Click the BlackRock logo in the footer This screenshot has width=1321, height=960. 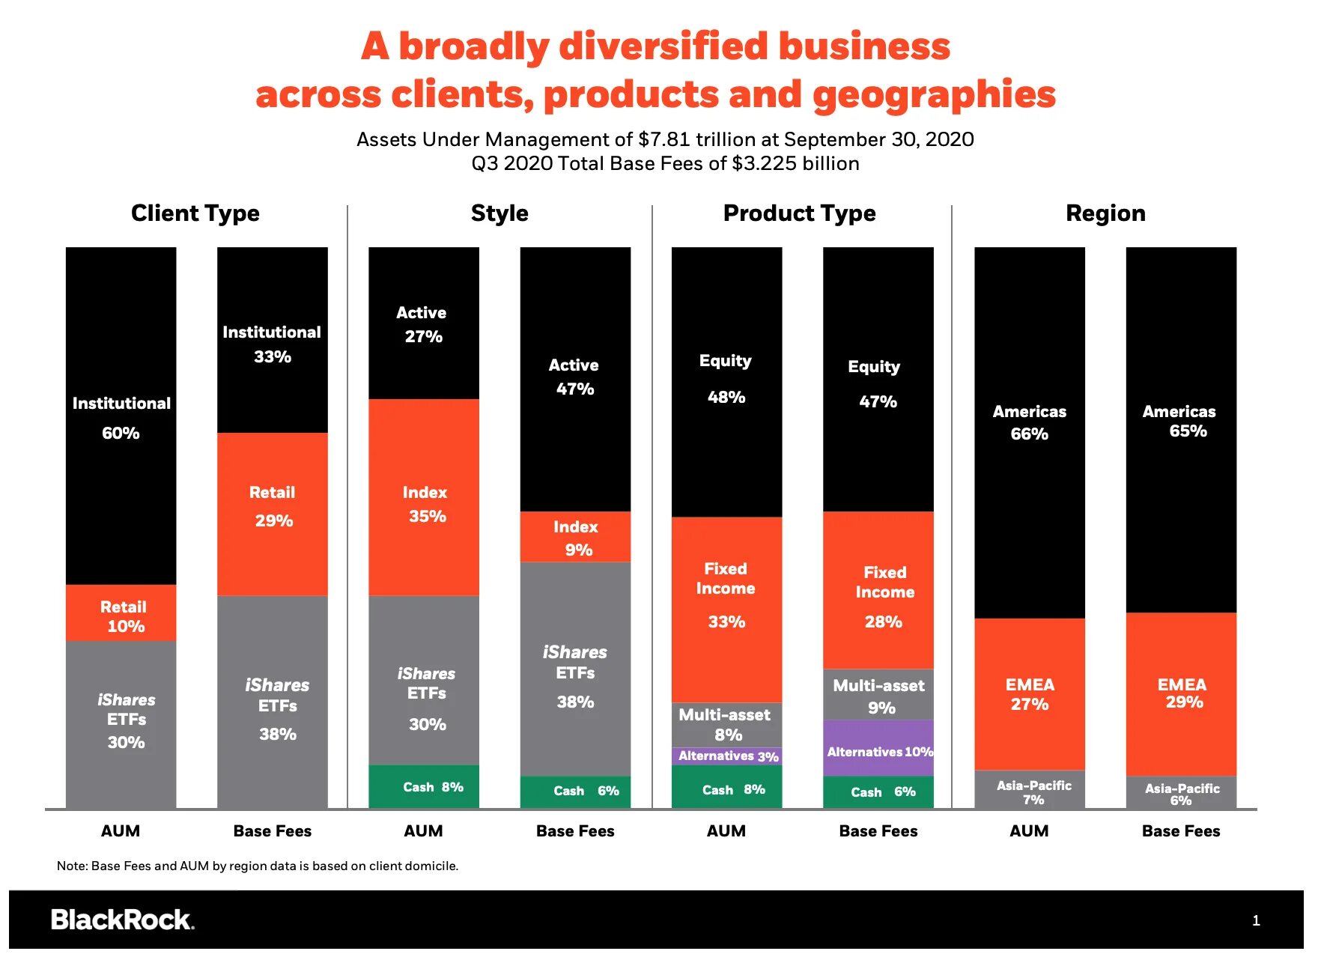coord(122,920)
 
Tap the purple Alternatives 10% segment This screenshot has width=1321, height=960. coord(878,748)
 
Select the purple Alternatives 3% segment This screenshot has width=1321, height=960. coord(726,756)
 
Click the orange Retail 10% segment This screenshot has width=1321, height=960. coord(121,613)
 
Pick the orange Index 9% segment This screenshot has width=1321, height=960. coord(575,537)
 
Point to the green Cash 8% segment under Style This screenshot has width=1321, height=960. coord(424,787)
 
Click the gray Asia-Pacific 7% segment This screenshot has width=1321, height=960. coord(1030,790)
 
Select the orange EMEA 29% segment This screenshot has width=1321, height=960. coord(1181,694)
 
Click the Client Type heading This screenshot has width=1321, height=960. coord(195,213)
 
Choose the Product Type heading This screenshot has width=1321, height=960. coord(799,213)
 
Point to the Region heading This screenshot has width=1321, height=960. coord(1105,213)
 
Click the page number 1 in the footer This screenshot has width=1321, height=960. coord(1256,921)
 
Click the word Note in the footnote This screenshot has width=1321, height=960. coord(71,866)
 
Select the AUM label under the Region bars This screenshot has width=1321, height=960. coord(1029,831)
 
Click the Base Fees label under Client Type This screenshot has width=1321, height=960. coord(272,831)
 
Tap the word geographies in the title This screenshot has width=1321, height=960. coord(934,95)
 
